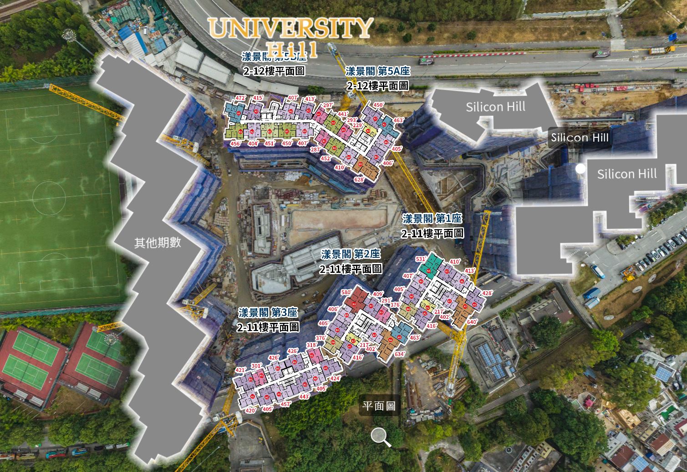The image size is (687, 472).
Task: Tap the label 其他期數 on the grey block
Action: [x=158, y=243]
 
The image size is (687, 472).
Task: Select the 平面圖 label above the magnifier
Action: [x=379, y=406]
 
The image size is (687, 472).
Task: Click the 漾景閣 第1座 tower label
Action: [x=432, y=219]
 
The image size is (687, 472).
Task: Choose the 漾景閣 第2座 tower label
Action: [x=351, y=254]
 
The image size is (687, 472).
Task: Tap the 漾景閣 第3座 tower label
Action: [x=268, y=312]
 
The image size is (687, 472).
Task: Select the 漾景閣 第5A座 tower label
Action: [x=378, y=71]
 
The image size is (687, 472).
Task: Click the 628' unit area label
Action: [x=359, y=180]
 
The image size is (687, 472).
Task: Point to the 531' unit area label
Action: [x=421, y=259]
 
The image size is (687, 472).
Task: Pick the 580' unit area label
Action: [x=347, y=292]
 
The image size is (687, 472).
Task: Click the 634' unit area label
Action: [x=400, y=354]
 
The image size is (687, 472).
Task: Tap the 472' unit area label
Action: [x=240, y=98]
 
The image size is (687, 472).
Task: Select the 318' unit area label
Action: [x=311, y=345]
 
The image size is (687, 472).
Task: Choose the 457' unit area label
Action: [x=285, y=404]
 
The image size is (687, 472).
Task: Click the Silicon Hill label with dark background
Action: [x=579, y=137]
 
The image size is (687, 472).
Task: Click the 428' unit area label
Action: [x=487, y=293]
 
